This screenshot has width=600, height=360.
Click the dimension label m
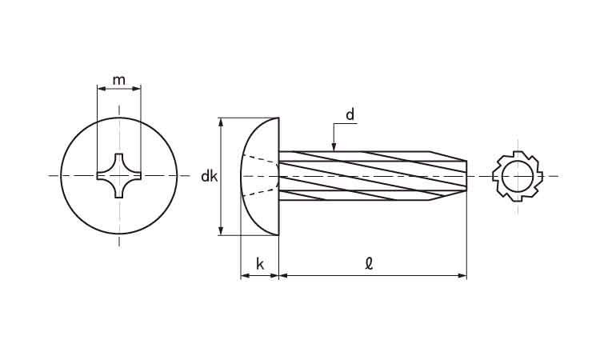tap(119, 80)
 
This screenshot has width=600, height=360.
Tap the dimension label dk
tap(210, 176)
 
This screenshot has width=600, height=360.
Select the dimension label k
tap(260, 264)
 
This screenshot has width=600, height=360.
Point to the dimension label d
tap(350, 114)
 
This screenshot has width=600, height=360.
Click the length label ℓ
tap(369, 264)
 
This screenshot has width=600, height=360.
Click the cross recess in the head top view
tap(119, 176)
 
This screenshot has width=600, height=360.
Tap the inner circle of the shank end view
tap(518, 176)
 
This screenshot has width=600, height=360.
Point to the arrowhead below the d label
tap(334, 146)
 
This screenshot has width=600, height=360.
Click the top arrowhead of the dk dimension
tap(221, 122)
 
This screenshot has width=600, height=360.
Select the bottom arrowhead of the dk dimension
tap(221, 230)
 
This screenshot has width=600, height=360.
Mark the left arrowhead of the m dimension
tap(102, 89)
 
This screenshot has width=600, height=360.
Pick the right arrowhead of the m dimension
tap(137, 89)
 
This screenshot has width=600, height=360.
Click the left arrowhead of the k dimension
tap(246, 275)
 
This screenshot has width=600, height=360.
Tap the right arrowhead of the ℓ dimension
tap(462, 275)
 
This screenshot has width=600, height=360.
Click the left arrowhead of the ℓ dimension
tap(284, 275)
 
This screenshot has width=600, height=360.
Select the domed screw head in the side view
tap(260, 176)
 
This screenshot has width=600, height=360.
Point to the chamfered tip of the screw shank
tap(449, 176)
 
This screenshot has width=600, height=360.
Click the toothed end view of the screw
tap(518, 176)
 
